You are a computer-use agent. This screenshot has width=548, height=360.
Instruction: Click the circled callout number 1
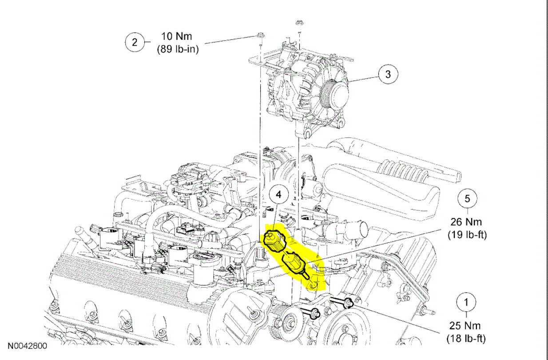pyautogui.click(x=466, y=303)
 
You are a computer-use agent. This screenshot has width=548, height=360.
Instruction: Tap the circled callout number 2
pyautogui.click(x=134, y=43)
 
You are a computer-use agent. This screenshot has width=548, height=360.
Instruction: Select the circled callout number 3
pyautogui.click(x=388, y=74)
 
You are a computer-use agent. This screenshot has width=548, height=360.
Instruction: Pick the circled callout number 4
pyautogui.click(x=278, y=195)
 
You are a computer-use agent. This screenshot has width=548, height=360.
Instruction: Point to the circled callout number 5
pyautogui.click(x=467, y=198)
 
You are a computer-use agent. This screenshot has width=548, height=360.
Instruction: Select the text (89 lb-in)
pyautogui.click(x=178, y=49)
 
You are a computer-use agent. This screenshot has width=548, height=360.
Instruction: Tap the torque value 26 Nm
pyautogui.click(x=466, y=222)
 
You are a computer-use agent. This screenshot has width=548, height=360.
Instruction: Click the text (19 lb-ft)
pyautogui.click(x=467, y=234)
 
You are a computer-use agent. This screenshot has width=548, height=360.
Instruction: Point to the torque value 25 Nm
pyautogui.click(x=466, y=326)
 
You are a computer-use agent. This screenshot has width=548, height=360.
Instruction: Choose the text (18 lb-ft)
pyautogui.click(x=466, y=339)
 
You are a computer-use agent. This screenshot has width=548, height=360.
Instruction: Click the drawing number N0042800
pyautogui.click(x=27, y=345)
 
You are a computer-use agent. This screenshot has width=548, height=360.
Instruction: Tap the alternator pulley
pyautogui.click(x=335, y=94)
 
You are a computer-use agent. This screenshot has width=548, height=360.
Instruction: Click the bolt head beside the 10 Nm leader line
pyautogui.click(x=259, y=35)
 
